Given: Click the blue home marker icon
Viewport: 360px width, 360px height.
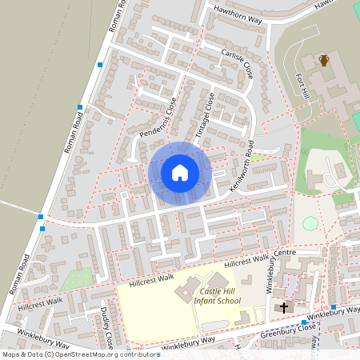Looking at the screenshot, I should coord(180,173).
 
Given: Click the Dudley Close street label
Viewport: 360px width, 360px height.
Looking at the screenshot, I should coord(108,323).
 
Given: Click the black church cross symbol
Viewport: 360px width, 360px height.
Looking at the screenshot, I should coord(284,307).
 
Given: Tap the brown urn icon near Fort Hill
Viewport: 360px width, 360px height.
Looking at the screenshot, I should coord(324,60).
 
